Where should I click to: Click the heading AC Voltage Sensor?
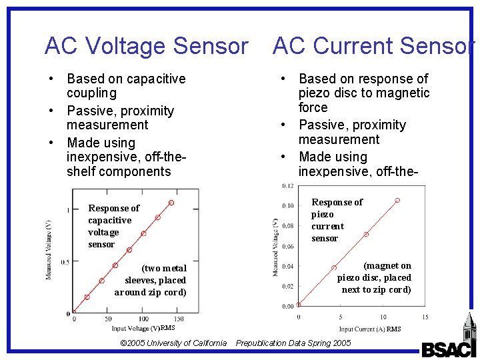coord(146,46)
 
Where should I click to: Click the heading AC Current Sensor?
coord(374,46)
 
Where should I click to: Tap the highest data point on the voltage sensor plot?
coord(171,202)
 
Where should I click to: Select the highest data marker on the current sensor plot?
coord(397,200)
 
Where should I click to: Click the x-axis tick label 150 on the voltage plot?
coord(179,320)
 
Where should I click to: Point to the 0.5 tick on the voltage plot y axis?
coord(65,262)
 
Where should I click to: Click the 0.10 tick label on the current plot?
coord(287,206)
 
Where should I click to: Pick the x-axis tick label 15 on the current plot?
coord(425,317)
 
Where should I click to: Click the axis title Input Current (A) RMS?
coord(370,329)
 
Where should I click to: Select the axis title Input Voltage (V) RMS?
coord(143,328)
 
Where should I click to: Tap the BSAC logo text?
coord(449,349)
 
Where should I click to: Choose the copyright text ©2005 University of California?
coord(173,343)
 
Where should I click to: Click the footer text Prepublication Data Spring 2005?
coord(293,343)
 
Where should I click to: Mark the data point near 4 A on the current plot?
coord(334,268)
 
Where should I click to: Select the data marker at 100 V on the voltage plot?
coord(143,233)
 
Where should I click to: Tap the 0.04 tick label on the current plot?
coord(287,267)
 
